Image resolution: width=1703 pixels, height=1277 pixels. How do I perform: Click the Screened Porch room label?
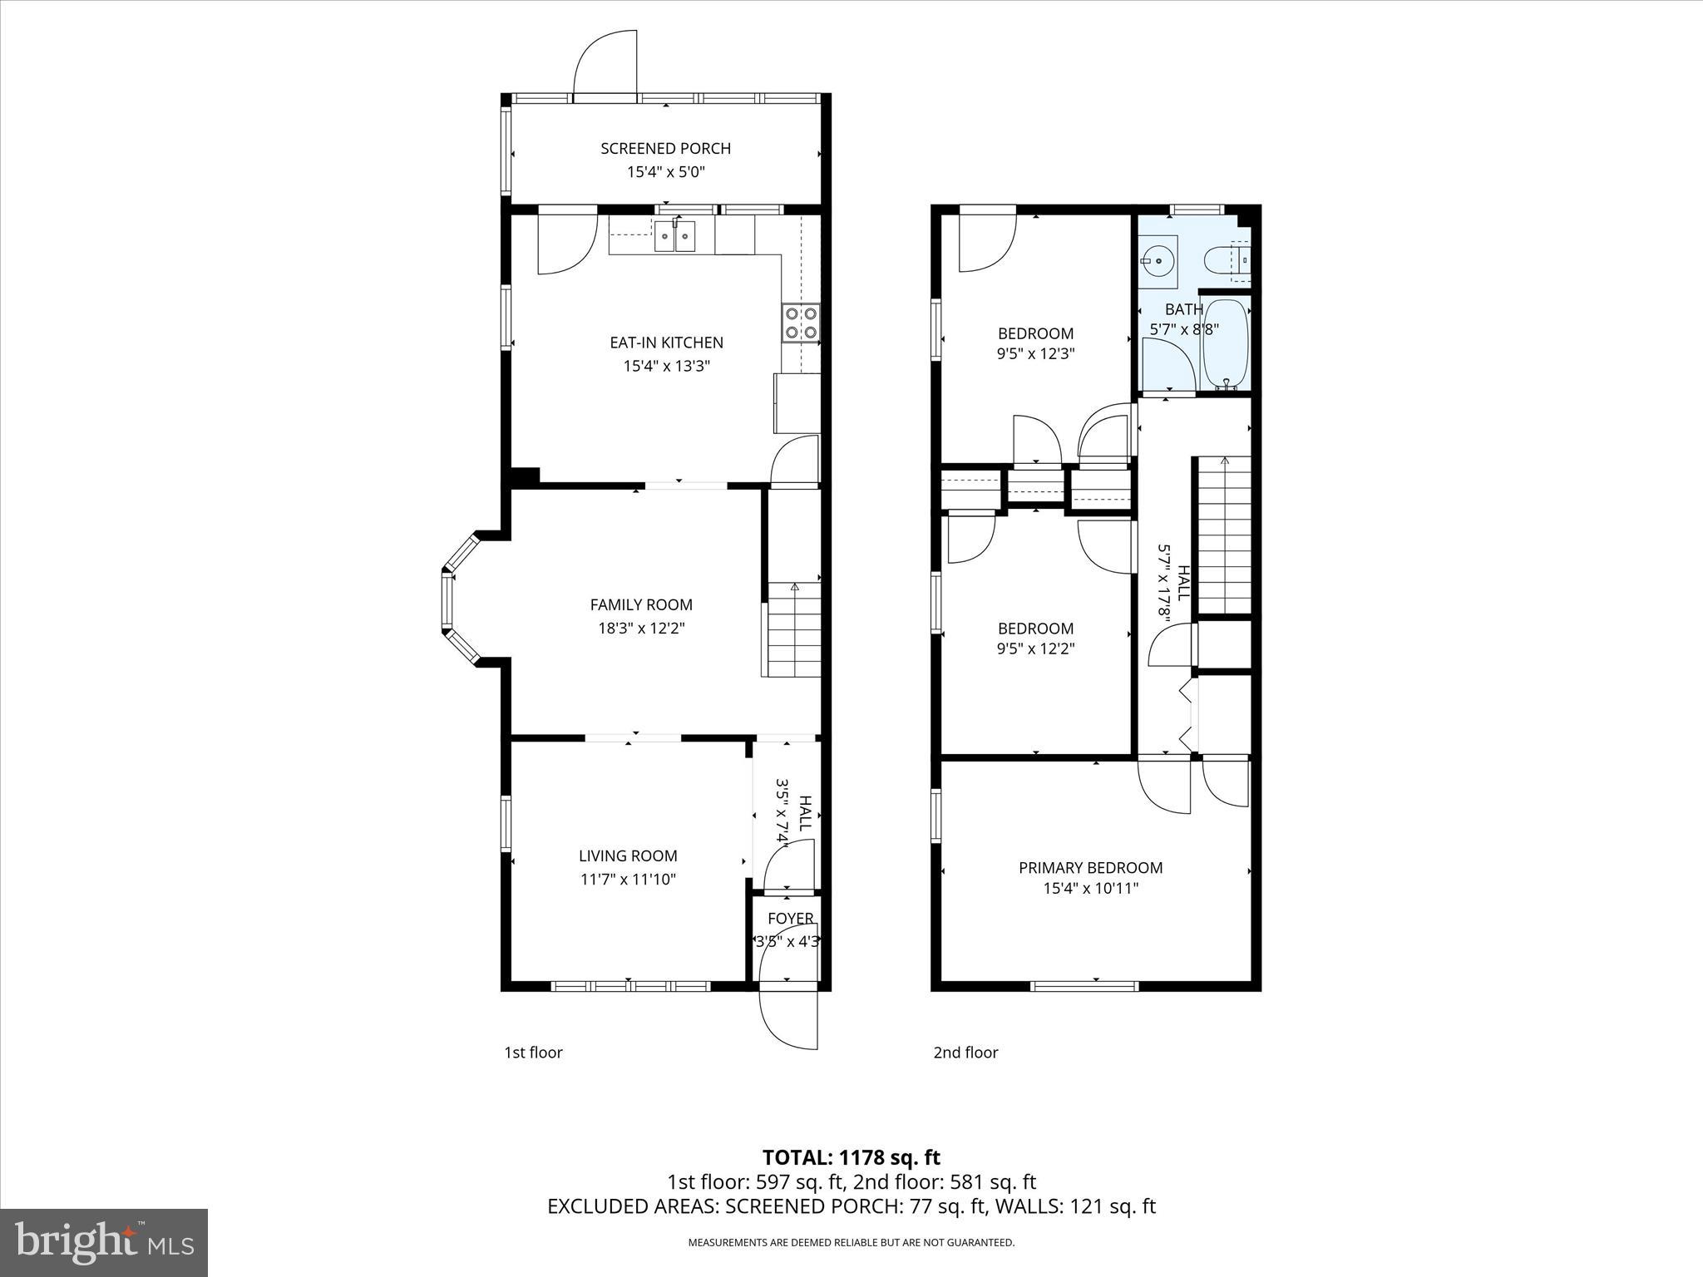pos(665,149)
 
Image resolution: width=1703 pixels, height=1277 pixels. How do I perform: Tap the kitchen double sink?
pos(674,236)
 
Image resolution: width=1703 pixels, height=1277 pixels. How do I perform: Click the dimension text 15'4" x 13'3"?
pos(666,366)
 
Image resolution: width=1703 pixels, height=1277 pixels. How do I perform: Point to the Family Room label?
pos(640,605)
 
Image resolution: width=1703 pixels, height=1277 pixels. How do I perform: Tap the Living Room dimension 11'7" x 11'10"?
pos(628,880)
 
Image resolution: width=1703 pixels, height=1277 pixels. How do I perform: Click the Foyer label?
pos(790,919)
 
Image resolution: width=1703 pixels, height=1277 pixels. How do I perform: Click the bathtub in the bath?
pos(1225,345)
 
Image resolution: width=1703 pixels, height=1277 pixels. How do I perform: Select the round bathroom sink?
pos(1158,261)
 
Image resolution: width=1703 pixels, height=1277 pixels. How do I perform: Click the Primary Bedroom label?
pos(1090,868)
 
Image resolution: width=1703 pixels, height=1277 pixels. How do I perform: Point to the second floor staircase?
pos(1223,536)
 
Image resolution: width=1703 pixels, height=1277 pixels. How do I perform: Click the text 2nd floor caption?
pos(965,1053)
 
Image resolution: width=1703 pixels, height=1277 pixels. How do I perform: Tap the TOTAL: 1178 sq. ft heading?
pos(851,1158)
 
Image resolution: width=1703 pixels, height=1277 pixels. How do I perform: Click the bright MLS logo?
pos(104,1243)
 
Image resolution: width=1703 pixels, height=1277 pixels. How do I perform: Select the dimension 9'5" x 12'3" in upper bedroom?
pos(1035,353)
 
